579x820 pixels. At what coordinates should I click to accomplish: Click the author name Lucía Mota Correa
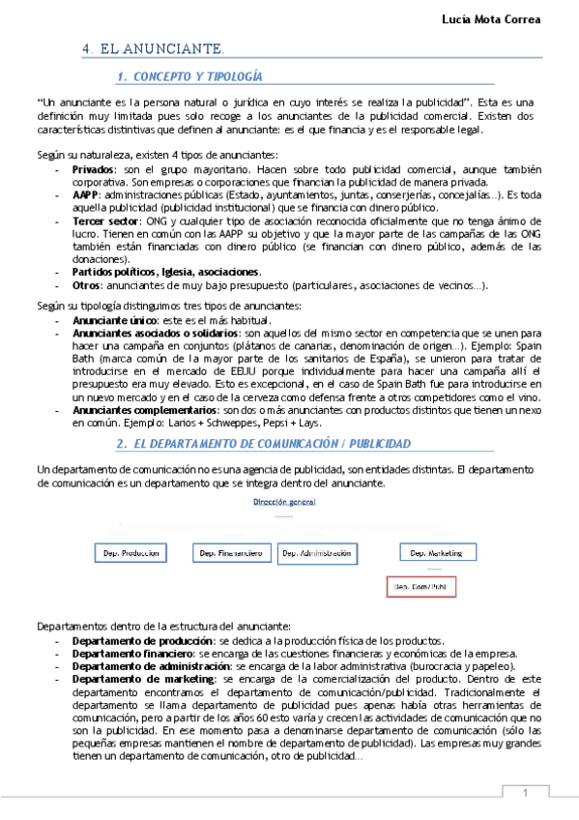click(517, 18)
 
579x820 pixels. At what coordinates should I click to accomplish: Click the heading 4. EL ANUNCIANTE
click(154, 48)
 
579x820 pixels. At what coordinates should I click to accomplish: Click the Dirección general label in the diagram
click(284, 502)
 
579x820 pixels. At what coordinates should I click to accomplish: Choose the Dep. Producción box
click(131, 553)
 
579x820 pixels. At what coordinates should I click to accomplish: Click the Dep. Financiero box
click(231, 553)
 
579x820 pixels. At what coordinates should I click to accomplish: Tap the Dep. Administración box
click(314, 553)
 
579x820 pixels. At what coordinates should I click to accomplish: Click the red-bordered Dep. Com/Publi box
click(420, 586)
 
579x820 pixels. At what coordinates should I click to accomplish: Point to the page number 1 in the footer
click(525, 793)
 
